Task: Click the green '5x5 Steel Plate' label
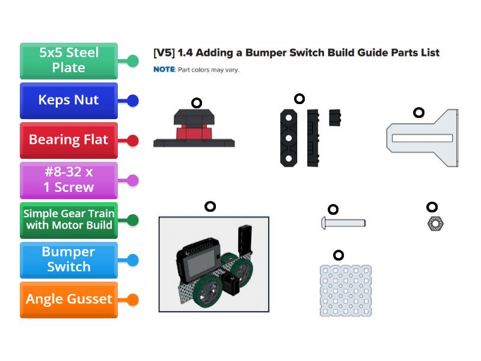point(69,61)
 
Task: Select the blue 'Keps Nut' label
point(69,100)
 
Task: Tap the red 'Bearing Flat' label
point(69,140)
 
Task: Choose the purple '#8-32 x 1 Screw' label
point(69,180)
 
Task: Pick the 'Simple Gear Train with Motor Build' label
point(69,220)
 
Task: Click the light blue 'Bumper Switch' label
point(69,259)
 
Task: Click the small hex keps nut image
point(435,224)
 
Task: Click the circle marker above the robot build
point(210,206)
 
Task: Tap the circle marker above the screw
point(333,209)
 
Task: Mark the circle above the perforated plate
point(339,255)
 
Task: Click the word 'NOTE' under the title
point(164,70)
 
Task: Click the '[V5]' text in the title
point(164,53)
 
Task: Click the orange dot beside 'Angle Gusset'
point(133,300)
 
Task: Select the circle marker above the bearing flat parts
point(299,99)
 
